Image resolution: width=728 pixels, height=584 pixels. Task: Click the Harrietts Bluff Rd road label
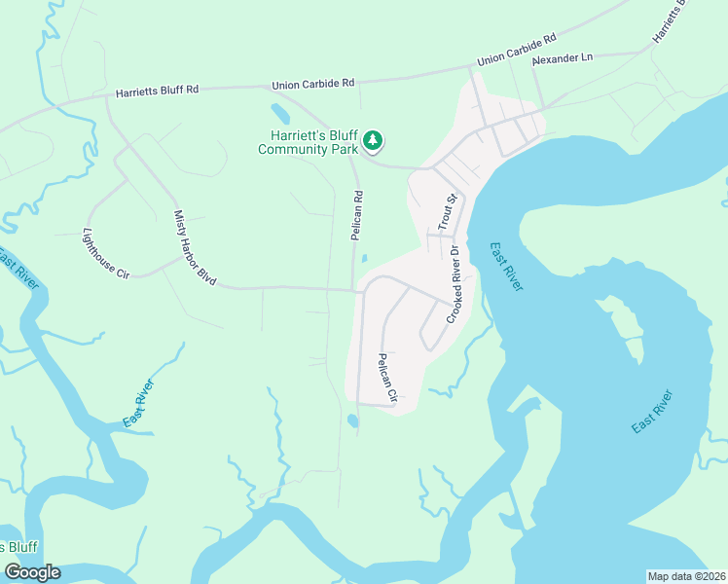[x=157, y=91]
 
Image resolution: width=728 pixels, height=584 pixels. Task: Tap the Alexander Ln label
[x=562, y=59]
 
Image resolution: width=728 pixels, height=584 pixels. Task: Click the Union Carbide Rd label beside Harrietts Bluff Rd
[x=314, y=85]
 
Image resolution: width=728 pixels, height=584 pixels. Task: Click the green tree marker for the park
[x=372, y=142]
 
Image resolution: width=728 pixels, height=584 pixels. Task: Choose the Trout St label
[x=448, y=213]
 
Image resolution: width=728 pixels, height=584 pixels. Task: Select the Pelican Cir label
[x=387, y=378]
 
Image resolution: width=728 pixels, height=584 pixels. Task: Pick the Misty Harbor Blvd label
[x=195, y=246]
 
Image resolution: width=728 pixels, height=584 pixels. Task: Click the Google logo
[x=32, y=571]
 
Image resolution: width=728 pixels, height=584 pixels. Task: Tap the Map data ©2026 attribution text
[x=686, y=575]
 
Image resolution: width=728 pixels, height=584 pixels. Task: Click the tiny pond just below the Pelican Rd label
[x=363, y=259]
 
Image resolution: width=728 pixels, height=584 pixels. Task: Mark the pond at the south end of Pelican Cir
[x=351, y=421]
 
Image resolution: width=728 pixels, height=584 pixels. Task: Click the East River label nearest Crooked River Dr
[x=506, y=266]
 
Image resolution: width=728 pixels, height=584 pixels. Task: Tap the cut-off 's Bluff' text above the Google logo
[x=18, y=546]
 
